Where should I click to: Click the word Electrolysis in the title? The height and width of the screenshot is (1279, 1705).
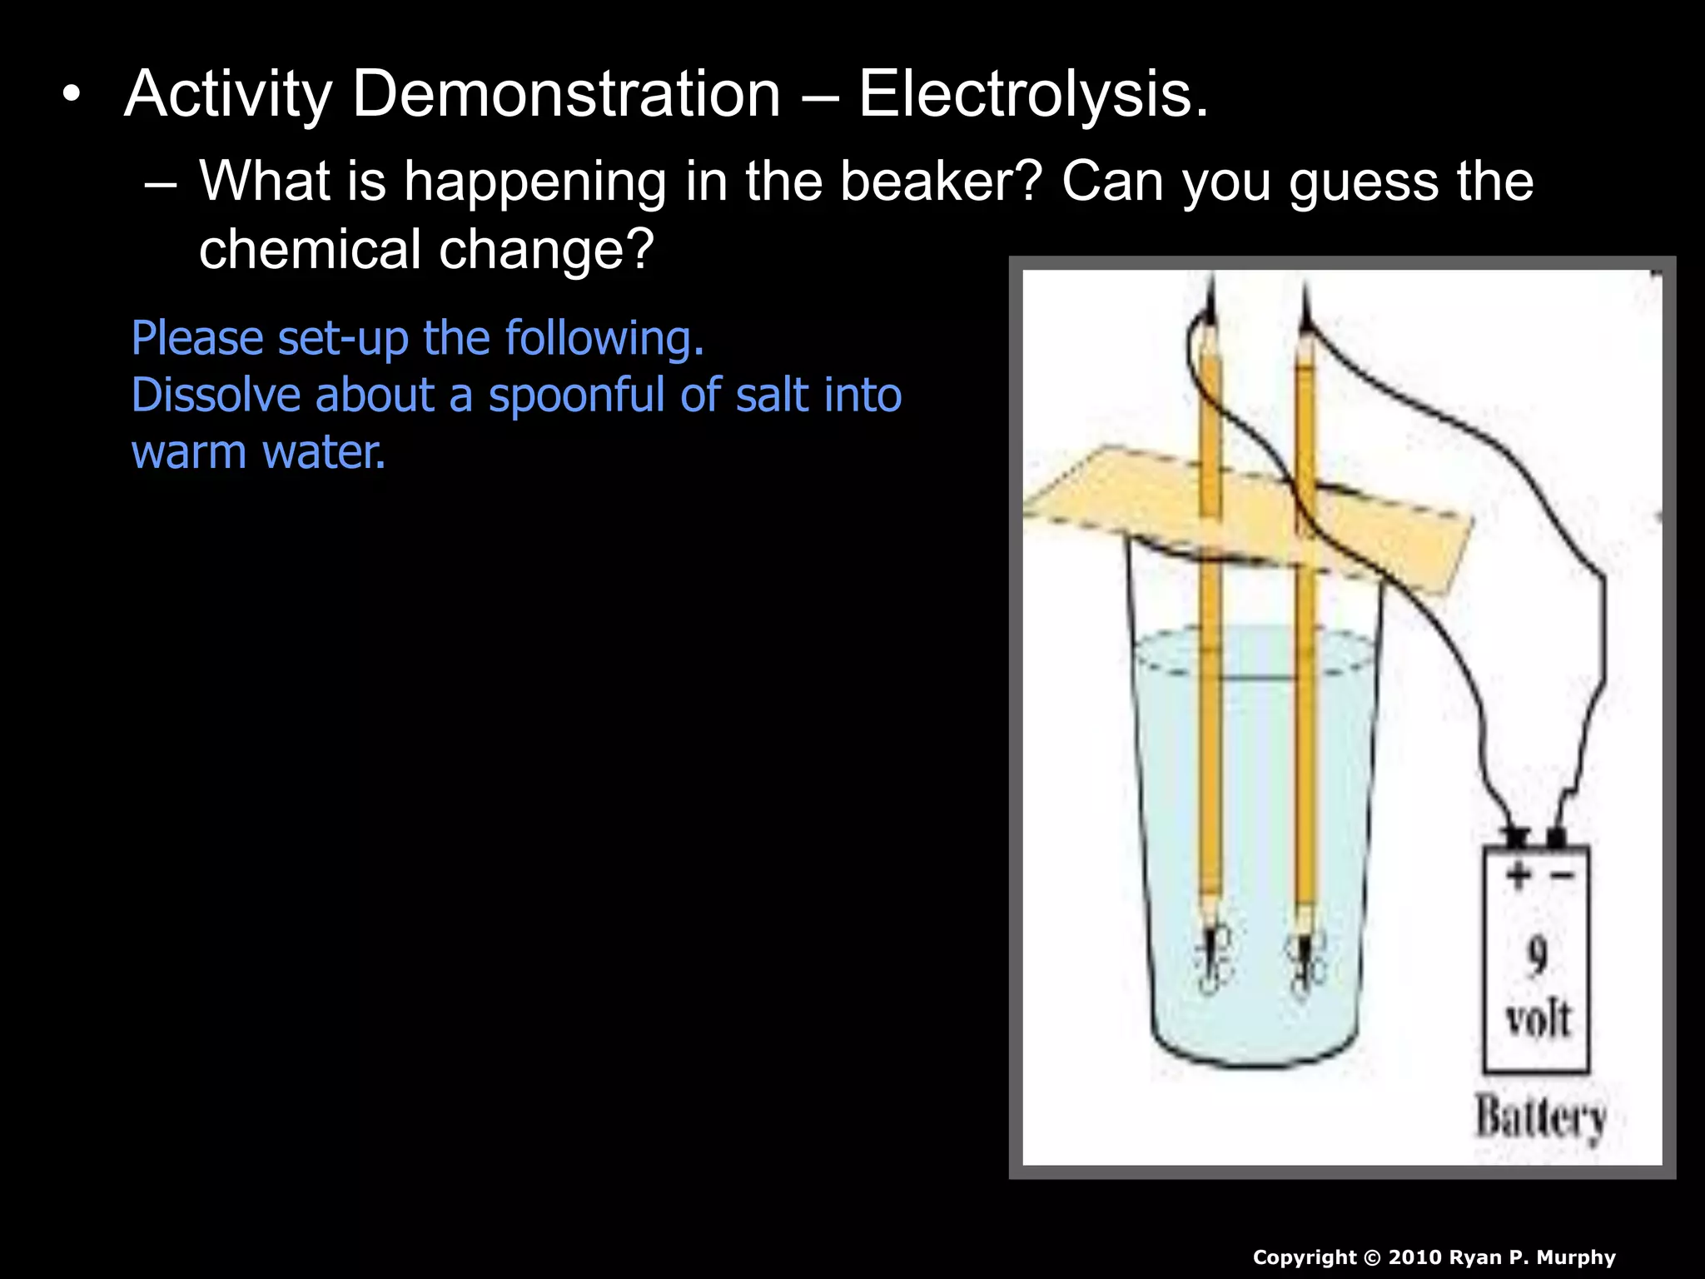click(x=1032, y=94)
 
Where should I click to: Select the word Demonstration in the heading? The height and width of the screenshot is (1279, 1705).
click(x=566, y=94)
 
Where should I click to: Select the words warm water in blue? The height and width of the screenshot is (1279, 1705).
click(x=258, y=452)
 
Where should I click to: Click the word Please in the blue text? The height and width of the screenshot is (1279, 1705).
click(x=197, y=339)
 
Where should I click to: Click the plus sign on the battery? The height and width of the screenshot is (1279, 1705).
click(x=1517, y=875)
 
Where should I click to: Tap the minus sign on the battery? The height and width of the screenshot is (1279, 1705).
click(x=1562, y=875)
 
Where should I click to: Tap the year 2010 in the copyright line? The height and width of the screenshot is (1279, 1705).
click(x=1415, y=1257)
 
